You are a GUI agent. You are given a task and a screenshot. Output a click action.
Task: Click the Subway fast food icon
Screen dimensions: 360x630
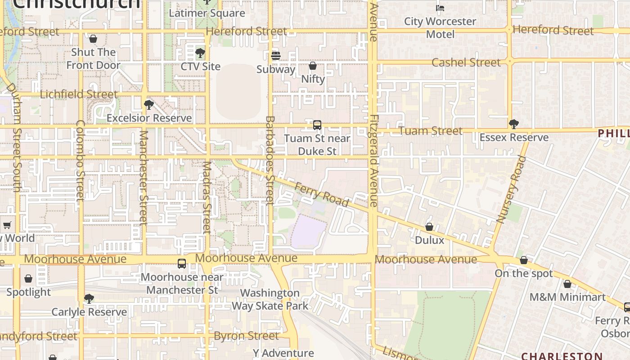tap(276, 56)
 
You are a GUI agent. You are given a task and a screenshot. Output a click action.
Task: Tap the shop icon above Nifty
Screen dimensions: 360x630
tap(313, 66)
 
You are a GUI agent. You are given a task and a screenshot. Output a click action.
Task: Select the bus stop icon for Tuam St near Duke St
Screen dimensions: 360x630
tap(317, 125)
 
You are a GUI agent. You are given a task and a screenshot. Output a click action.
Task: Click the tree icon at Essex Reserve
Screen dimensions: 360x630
tap(513, 124)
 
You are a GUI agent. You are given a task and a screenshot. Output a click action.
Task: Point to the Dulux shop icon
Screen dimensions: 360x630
tap(429, 227)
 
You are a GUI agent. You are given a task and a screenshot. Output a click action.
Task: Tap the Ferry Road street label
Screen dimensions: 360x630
tap(321, 194)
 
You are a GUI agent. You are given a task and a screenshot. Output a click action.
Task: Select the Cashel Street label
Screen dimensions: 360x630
tap(466, 63)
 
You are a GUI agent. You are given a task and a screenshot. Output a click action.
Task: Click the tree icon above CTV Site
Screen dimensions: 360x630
tap(200, 54)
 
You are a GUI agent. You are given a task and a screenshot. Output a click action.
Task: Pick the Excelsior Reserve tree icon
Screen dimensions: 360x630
tap(149, 105)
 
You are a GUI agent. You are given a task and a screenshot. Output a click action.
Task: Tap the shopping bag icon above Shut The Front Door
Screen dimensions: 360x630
tap(93, 39)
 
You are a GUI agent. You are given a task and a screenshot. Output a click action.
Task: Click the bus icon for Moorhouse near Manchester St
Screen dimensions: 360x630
tap(182, 264)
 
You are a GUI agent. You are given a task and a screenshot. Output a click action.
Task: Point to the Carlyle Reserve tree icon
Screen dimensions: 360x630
tap(89, 299)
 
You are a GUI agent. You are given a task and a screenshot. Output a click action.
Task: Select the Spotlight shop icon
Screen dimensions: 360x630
tap(28, 279)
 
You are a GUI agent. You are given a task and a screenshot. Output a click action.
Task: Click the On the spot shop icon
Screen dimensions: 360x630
tap(523, 260)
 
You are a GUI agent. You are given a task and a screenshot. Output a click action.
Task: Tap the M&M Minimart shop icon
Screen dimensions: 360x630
tap(567, 284)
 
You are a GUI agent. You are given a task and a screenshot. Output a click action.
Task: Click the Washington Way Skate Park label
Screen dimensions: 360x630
tap(270, 300)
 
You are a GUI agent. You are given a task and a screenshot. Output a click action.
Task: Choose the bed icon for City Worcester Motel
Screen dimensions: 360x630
tap(440, 8)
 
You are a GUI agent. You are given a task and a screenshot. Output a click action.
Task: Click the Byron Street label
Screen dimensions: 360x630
tap(246, 336)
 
